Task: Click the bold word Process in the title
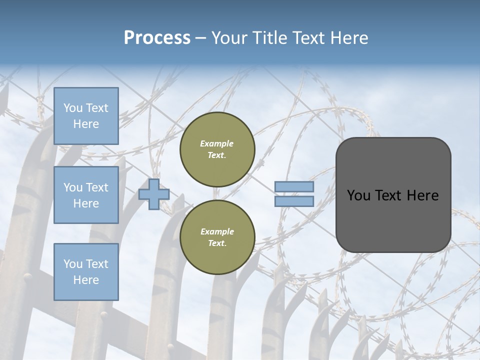157,38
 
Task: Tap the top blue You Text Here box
86,116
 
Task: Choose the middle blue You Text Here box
86,195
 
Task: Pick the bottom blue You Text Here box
86,271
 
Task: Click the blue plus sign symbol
154,194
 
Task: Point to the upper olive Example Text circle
217,149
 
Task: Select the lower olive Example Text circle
217,237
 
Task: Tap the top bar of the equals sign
294,187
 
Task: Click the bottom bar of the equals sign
294,201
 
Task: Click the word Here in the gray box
422,195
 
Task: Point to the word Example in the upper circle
217,143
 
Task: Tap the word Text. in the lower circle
217,243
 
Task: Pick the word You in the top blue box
73,108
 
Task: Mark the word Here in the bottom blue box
86,280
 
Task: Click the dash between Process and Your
201,38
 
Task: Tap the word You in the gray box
358,195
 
